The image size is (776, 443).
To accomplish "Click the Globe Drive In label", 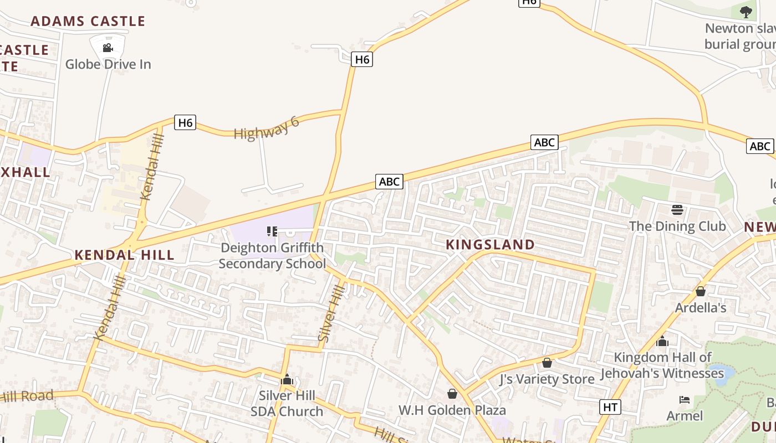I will tap(108, 64).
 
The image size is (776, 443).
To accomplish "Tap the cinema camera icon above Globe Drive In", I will tap(108, 48).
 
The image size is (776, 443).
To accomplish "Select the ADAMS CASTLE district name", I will tap(88, 22).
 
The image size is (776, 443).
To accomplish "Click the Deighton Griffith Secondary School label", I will tap(272, 255).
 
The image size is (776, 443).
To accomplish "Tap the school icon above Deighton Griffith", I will tap(272, 231).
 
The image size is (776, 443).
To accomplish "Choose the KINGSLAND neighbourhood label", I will tap(491, 245).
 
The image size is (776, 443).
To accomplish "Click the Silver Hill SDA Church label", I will tap(287, 403).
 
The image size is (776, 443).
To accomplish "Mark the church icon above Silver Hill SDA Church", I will tap(287, 379).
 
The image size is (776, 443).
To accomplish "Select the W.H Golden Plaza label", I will tap(452, 410).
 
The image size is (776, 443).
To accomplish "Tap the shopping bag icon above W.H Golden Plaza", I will tap(452, 394).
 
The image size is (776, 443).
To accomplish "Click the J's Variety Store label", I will tap(547, 379).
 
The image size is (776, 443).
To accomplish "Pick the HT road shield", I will tap(610, 407).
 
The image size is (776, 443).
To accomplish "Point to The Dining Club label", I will tap(677, 226).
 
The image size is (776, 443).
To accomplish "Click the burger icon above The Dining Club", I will tap(677, 210).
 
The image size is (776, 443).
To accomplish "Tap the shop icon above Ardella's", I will tap(701, 291).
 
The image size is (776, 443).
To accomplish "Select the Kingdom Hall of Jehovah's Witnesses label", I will tap(662, 365).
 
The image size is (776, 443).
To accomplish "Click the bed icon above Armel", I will tap(685, 400).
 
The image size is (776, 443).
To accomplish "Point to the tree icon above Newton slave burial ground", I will tap(746, 12).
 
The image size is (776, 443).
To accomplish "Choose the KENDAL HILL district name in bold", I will tap(124, 255).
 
